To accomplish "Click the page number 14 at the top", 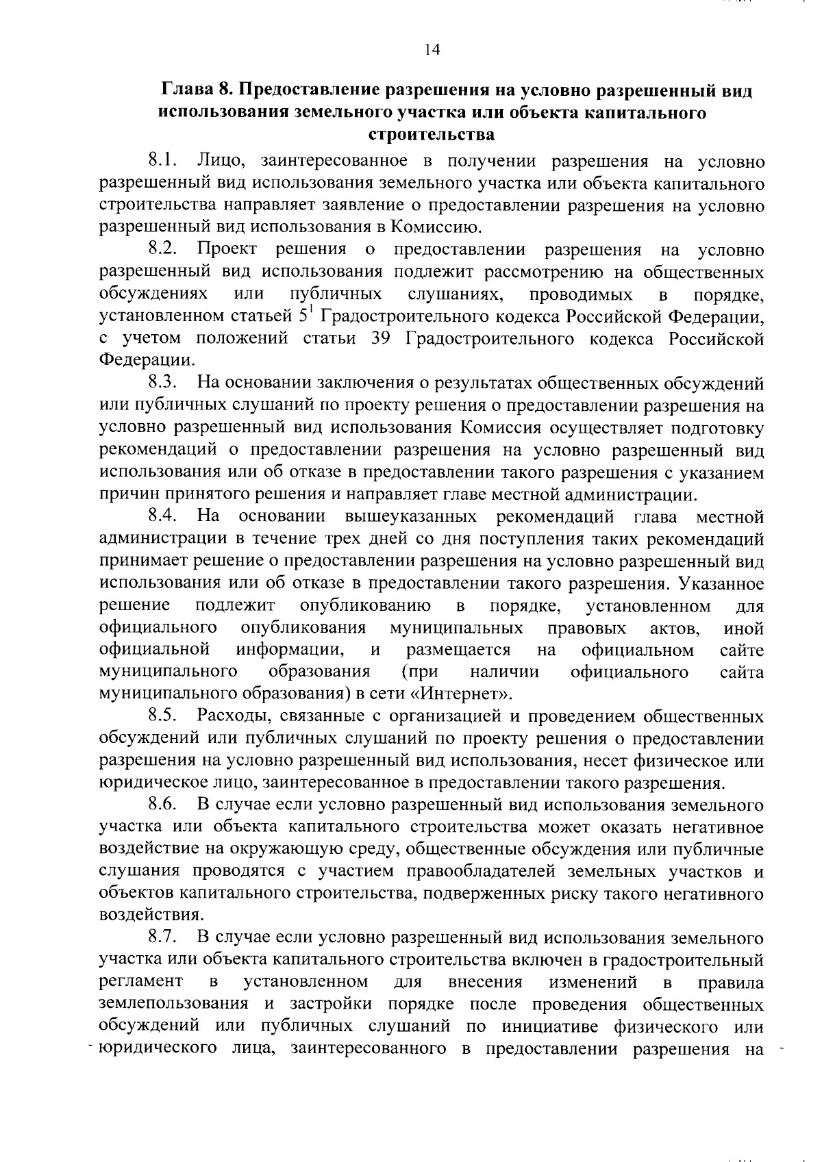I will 432,49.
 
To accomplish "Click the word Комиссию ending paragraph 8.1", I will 432,227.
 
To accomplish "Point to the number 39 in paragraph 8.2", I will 380,339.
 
